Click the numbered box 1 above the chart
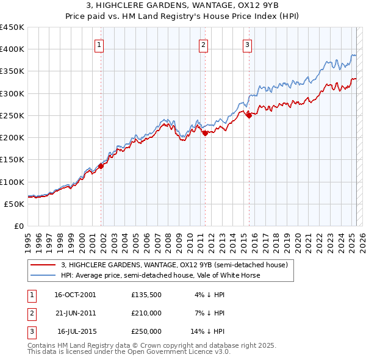tap(99, 44)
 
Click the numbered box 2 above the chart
tap(203, 44)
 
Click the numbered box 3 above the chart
tap(247, 44)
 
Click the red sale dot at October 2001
tap(101, 166)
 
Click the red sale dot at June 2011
tap(205, 133)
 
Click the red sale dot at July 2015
tap(249, 115)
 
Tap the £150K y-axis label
tap(12, 160)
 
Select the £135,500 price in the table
tap(146, 294)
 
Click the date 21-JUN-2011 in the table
tap(75, 313)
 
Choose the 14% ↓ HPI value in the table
tap(208, 331)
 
